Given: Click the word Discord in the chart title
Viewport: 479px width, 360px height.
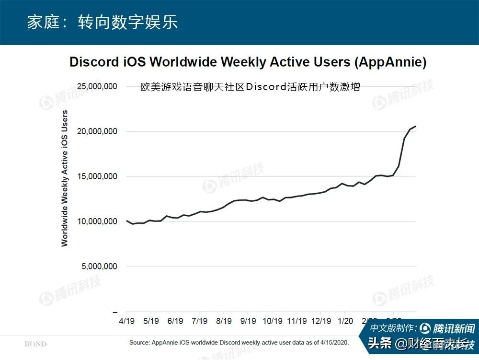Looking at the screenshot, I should click(x=95, y=62).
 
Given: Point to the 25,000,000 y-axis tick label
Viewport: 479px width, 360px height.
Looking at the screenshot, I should click(x=97, y=87).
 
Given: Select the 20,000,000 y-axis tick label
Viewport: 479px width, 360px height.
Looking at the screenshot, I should click(x=97, y=131).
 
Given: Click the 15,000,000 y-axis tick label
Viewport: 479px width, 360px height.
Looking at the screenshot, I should click(x=97, y=176).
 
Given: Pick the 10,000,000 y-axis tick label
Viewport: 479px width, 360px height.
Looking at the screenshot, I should click(x=97, y=221).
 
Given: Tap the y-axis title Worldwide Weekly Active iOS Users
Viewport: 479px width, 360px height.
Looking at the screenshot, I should click(x=65, y=178).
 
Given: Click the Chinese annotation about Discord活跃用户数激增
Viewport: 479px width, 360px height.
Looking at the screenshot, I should click(x=250, y=87).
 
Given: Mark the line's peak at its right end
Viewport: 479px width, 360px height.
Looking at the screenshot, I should click(x=415, y=126).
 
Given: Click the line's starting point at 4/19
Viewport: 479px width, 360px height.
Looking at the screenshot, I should click(x=127, y=221).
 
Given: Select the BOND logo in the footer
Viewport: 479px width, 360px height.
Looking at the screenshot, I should click(x=36, y=344).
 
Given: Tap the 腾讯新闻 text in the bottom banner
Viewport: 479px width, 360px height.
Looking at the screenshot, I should click(x=454, y=329).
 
